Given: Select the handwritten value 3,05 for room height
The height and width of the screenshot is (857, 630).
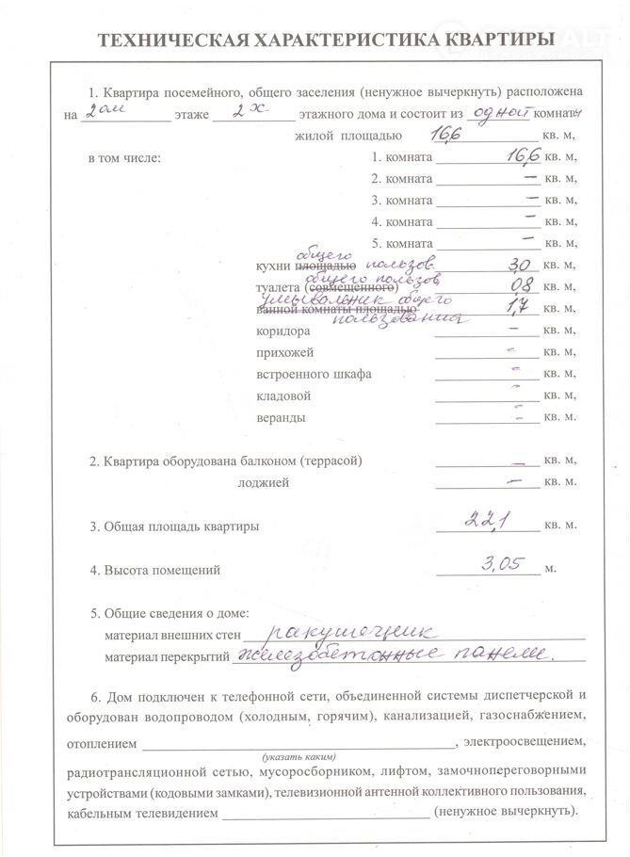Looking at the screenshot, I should coord(506,565).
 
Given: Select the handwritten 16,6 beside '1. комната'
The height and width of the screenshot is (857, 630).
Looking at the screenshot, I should coord(514,154).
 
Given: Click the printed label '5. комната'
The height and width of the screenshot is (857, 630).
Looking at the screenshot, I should coord(402,244).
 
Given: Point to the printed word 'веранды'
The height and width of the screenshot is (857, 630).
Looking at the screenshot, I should coord(281,417).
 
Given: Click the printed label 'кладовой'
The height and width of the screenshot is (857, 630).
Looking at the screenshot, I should coord(283,396).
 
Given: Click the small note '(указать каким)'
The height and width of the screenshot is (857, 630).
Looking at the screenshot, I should coord(299,756).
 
